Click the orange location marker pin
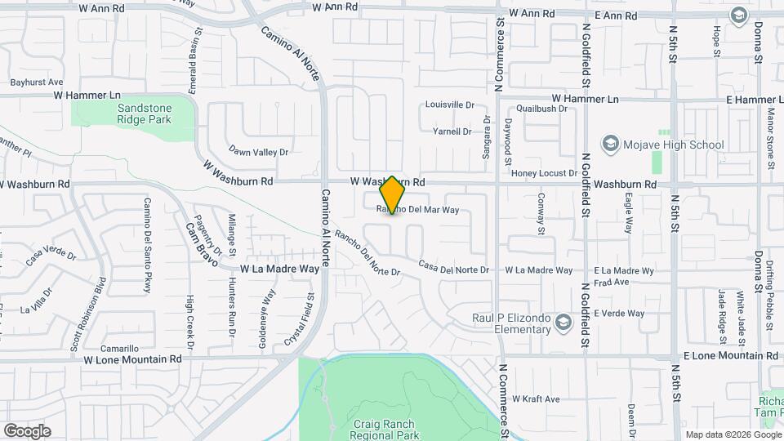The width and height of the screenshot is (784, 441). coord(393,195)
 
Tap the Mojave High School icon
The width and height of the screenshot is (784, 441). coord(609,145)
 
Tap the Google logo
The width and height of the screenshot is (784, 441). coord(27,431)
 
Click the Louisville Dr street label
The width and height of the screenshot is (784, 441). coord(449,105)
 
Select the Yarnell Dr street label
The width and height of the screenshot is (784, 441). coord(452,131)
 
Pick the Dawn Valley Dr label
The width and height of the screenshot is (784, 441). coord(259,152)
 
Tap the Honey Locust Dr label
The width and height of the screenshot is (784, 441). coord(544,174)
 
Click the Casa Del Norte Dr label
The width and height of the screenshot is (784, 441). coord(453,268)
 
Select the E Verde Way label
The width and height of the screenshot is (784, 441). coord(619,314)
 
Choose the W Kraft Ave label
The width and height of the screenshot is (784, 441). coord(536,399)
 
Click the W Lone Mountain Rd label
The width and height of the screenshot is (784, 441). coord(131,359)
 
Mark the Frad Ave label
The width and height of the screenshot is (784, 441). coord(611,282)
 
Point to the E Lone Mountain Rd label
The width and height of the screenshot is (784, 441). coord(729,356)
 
